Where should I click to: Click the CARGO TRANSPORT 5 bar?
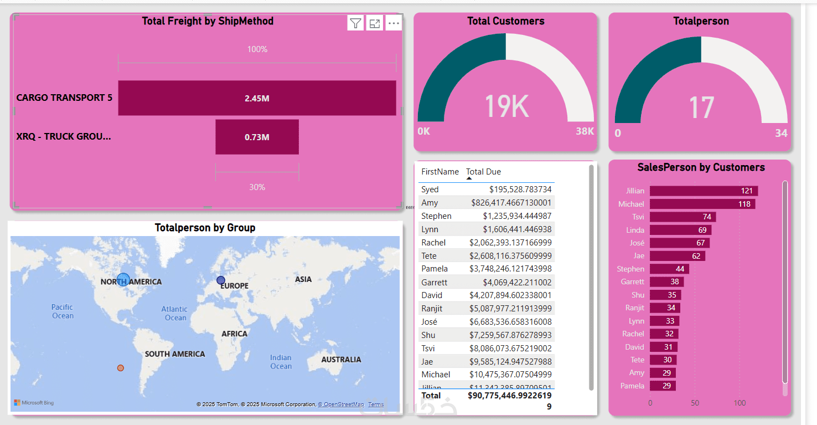pos(257,98)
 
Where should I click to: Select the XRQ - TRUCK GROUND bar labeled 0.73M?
pos(257,137)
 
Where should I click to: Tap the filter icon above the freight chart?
pos(355,23)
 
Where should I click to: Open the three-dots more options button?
pos(394,23)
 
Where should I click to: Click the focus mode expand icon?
pos(375,23)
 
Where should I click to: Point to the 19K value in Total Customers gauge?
pos(506,106)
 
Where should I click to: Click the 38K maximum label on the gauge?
pos(585,131)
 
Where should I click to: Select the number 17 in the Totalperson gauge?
pos(701,108)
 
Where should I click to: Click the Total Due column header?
pos(483,172)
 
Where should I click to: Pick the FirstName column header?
pos(440,172)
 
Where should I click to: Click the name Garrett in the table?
pos(434,282)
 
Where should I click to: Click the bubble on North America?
pos(123,280)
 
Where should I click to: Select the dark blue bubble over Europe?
pos(221,280)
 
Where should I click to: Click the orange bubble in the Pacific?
pos(121,368)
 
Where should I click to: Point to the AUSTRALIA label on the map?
pos(341,360)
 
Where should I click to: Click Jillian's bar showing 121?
pos(703,191)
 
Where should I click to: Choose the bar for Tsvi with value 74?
pos(682,217)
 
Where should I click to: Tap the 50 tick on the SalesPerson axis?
pos(695,403)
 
